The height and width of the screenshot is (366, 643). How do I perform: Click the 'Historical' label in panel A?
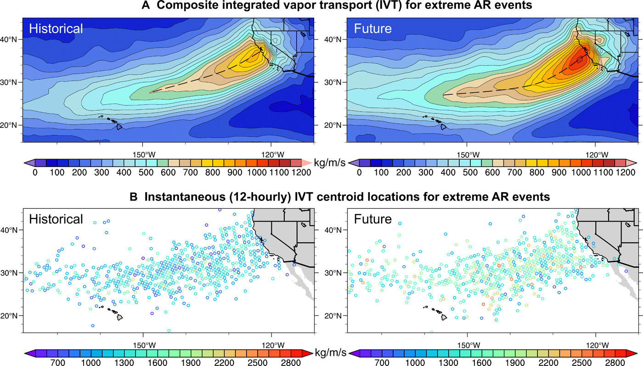pyautogui.click(x=56, y=29)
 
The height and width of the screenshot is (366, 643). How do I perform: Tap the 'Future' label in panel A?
pyautogui.click(x=373, y=29)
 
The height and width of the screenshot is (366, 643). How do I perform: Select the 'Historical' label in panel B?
pyautogui.click(x=56, y=218)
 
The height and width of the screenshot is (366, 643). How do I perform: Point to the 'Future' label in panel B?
pyautogui.click(x=373, y=218)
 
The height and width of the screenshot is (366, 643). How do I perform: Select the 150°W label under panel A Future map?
pyautogui.click(x=468, y=154)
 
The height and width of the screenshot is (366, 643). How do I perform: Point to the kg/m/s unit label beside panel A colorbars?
pyautogui.click(x=330, y=163)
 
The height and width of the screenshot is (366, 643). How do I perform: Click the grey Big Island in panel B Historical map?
pyautogui.click(x=119, y=317)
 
